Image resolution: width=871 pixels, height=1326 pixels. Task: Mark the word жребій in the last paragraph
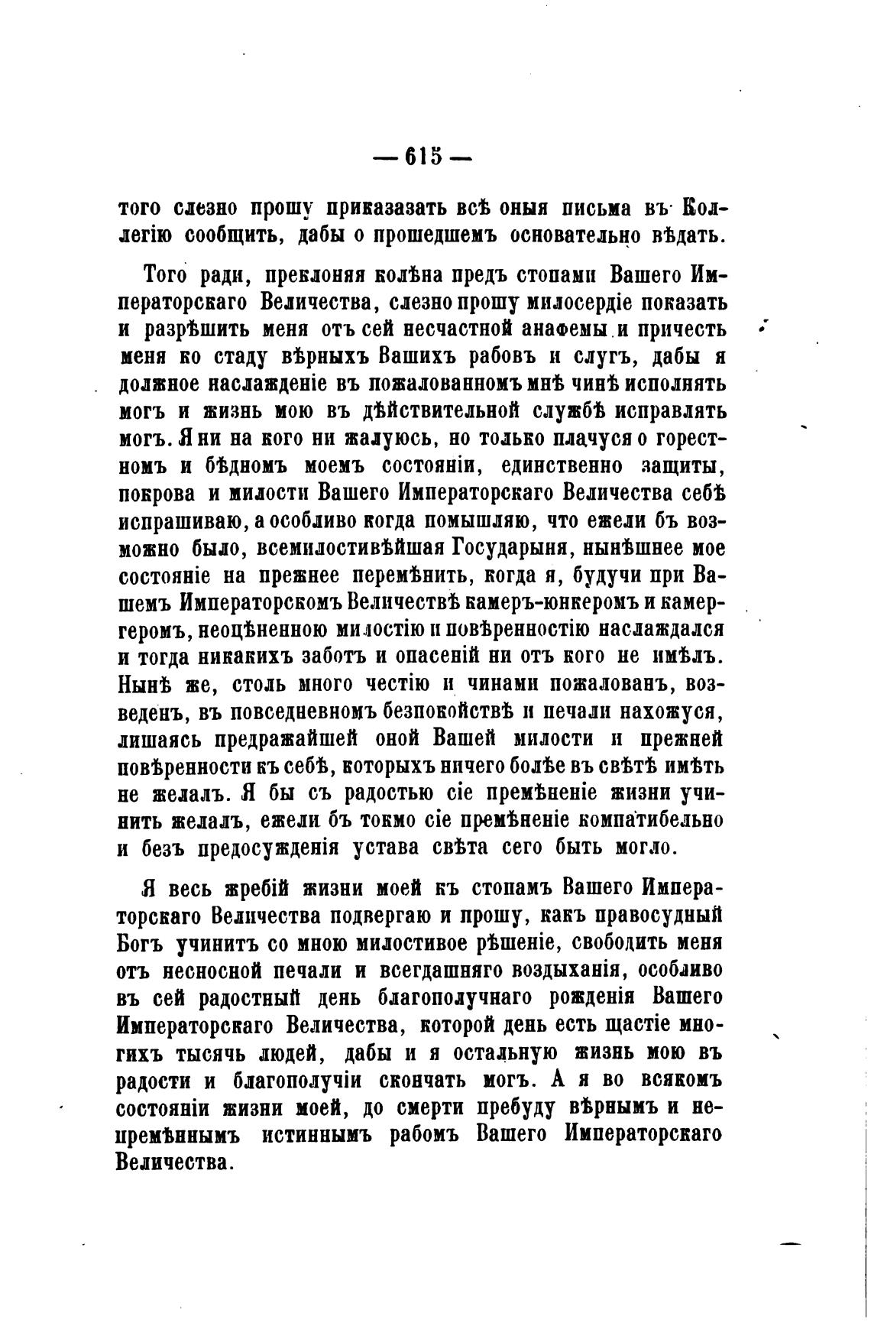pos(257,889)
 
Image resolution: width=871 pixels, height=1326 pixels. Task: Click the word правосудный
pos(659,916)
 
